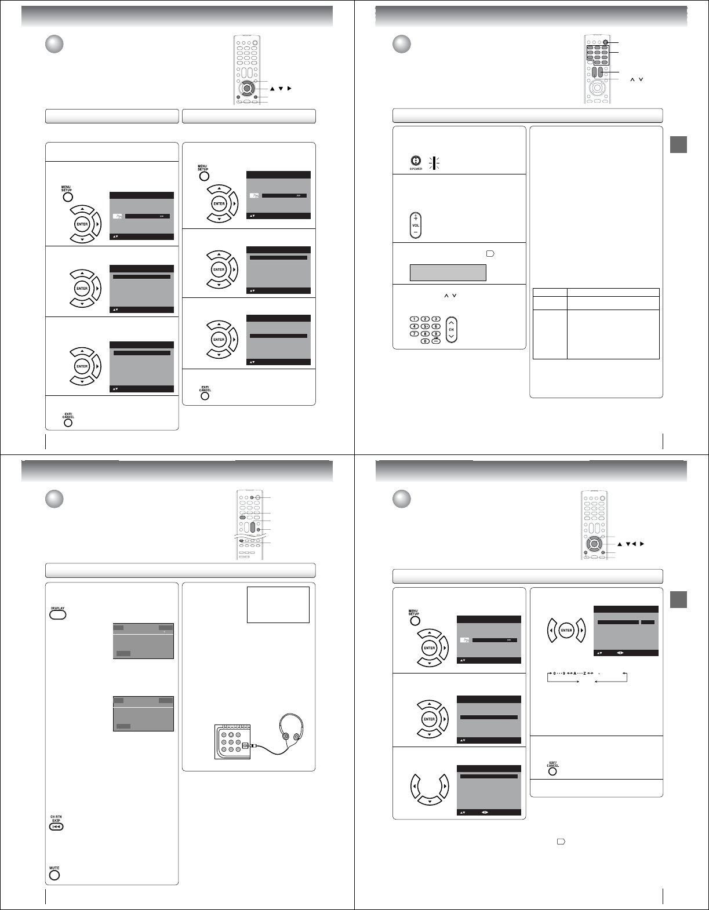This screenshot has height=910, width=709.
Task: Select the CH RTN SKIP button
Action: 56,827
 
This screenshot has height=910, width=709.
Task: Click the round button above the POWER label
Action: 415,162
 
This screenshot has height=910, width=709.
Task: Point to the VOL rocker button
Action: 416,225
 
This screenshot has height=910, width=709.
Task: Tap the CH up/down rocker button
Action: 452,329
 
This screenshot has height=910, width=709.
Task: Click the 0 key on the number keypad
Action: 425,341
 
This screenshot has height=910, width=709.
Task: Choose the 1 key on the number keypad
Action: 414,319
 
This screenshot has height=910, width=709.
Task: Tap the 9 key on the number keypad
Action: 436,333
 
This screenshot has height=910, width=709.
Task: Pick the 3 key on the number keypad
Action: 436,319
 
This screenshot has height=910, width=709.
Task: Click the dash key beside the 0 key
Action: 436,341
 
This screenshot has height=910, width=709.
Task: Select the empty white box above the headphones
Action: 278,605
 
